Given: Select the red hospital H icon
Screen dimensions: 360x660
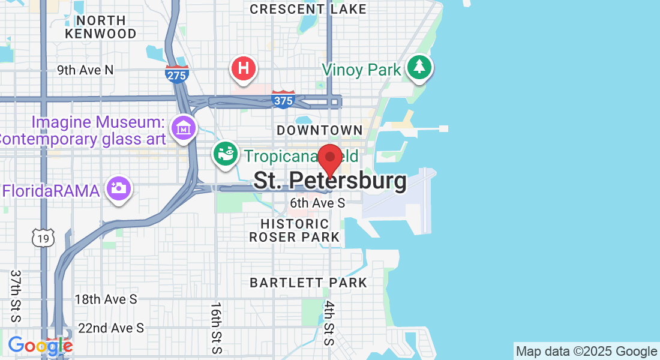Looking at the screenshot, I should click(x=244, y=68).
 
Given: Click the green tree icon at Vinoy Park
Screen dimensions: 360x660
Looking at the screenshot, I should click(x=420, y=67).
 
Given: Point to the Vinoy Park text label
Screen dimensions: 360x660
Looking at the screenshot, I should click(x=361, y=70).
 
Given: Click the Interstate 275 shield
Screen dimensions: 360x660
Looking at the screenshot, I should click(x=177, y=74).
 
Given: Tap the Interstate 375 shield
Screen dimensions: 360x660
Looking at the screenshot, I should click(x=283, y=100).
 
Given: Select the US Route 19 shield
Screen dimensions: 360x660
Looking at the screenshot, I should click(x=44, y=238).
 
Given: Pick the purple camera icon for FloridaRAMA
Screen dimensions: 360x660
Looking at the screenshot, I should click(x=119, y=188).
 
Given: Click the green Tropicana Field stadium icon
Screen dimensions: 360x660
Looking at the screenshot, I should click(x=226, y=154).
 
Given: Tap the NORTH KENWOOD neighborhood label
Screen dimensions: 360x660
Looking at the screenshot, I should click(x=101, y=27).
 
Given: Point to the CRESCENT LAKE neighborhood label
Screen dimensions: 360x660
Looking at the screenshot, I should click(x=308, y=9).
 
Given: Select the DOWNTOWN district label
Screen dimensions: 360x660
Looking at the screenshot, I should click(x=319, y=130).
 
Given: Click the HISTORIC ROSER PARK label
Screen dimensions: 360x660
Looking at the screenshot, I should click(x=294, y=230).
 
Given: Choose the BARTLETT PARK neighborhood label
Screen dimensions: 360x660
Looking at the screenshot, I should click(x=308, y=282).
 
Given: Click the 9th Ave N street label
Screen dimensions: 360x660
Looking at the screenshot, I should click(x=85, y=70).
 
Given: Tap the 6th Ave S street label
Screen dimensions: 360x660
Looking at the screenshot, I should click(x=317, y=203).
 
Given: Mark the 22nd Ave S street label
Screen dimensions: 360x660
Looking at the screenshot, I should click(x=111, y=328).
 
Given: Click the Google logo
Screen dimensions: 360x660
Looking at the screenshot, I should click(x=40, y=346).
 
